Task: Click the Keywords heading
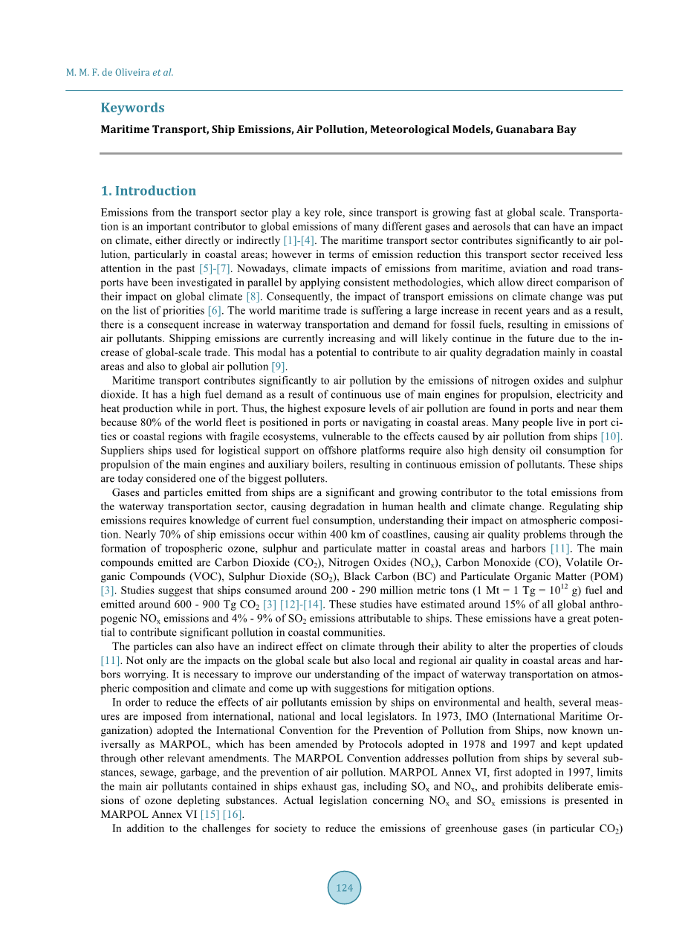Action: [132, 108]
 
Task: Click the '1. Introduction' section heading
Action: [148, 190]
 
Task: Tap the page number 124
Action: [344, 888]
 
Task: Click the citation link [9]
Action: [279, 366]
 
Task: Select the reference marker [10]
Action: [611, 436]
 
